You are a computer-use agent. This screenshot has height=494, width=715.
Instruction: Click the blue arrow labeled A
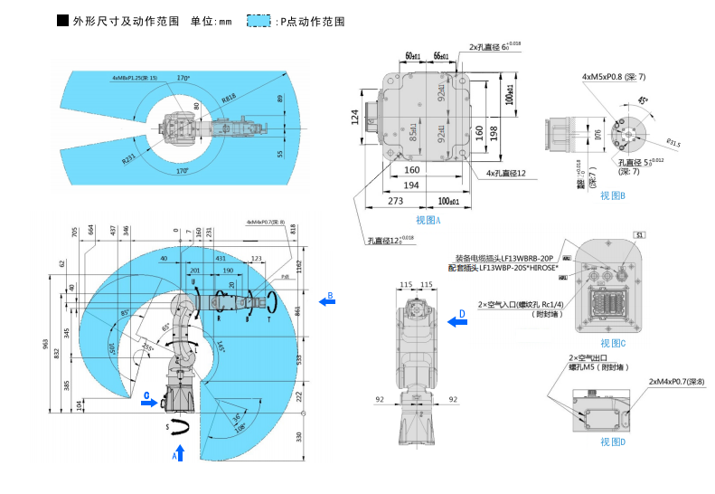pyautogui.click(x=181, y=452)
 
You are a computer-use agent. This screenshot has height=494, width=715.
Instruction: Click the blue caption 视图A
pyautogui.click(x=428, y=220)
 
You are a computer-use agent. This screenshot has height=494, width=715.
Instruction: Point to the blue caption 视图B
pyautogui.click(x=613, y=195)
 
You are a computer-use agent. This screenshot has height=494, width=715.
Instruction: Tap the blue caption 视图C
pyautogui.click(x=612, y=343)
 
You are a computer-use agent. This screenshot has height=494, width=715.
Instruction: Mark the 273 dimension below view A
pyautogui.click(x=395, y=200)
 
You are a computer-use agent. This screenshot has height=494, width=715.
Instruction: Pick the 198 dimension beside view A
pyautogui.click(x=494, y=133)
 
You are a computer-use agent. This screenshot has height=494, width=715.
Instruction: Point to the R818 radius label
pyautogui.click(x=229, y=97)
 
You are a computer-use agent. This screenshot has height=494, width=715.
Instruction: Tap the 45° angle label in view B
pyautogui.click(x=644, y=101)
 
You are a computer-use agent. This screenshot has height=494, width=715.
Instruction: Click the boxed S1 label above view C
pyautogui.click(x=640, y=234)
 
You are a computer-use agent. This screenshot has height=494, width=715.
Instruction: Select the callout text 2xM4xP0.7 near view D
pyautogui.click(x=675, y=382)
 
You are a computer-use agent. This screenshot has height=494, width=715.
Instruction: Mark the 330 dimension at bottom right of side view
pyautogui.click(x=299, y=436)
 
